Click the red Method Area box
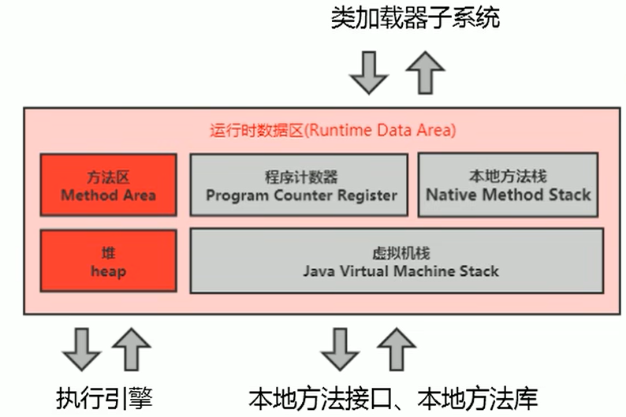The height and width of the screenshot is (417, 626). pos(108,184)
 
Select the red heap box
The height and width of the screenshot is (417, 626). pos(108,261)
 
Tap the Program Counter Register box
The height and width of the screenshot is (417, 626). pos(299,184)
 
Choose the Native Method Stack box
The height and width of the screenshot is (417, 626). pos(508,184)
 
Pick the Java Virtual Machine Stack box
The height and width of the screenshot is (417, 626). pos(397,261)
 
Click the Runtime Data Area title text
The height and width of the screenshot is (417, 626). pos(333,131)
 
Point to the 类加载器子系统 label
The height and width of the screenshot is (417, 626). pos(415,18)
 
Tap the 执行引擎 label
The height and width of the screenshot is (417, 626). pos(104,397)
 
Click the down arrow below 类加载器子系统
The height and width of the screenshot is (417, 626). pos(369,73)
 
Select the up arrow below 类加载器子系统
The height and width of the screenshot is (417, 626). pos(425,73)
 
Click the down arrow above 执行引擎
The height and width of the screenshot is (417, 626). pos(82,349)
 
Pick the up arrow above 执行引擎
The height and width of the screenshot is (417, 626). pos(132,349)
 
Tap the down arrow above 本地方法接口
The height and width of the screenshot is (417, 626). pos(340,349)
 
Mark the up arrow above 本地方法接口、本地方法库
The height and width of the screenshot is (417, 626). pos(397,349)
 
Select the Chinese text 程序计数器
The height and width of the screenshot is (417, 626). pos(301,177)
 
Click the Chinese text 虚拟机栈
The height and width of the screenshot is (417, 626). pos(401,253)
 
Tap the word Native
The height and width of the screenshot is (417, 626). pos(452,195)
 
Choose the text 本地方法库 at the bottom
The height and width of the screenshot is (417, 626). pos(478,398)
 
